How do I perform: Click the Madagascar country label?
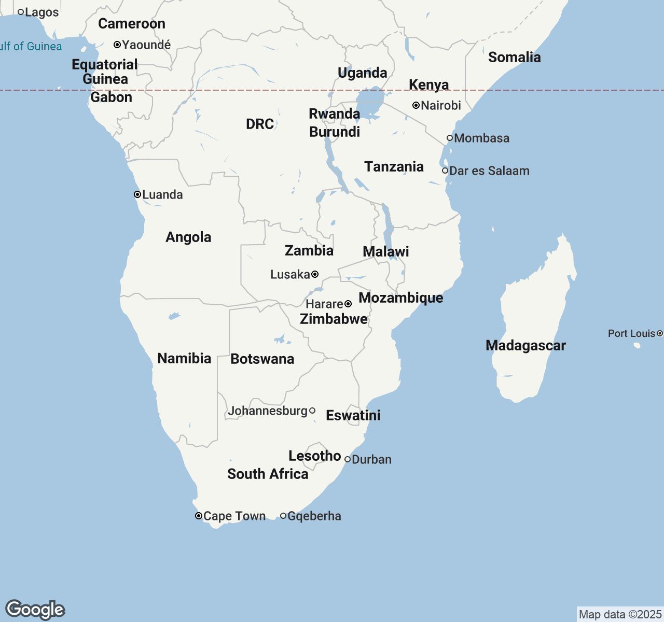525,346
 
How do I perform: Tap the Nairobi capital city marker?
416,105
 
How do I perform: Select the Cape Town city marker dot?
199,516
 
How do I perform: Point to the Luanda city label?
162,195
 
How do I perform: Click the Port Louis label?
631,333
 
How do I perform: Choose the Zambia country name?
309,251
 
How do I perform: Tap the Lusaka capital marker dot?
315,274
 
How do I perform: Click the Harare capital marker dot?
348,304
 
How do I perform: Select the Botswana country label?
262,359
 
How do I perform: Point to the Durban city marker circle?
348,459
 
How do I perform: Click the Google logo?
35,610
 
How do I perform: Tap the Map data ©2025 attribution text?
620,614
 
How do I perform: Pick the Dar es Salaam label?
489,171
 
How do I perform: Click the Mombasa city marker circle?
450,138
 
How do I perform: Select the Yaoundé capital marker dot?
117,45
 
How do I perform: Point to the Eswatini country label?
353,415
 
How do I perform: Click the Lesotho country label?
314,456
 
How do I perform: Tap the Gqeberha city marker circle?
283,516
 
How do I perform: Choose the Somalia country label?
514,57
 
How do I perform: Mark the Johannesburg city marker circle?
312,411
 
